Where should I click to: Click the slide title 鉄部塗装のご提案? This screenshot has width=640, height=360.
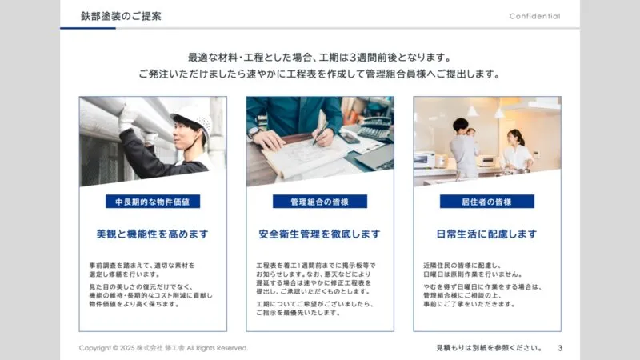[x=121, y=16]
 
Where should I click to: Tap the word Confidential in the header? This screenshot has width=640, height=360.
[x=534, y=16]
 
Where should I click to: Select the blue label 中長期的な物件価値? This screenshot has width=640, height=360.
[x=153, y=202]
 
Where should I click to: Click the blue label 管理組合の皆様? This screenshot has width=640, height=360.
[x=319, y=202]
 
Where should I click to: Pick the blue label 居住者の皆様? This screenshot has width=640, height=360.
[x=487, y=202]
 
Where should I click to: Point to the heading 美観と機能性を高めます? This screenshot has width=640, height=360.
[x=152, y=234]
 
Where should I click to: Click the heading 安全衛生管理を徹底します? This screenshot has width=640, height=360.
[x=319, y=234]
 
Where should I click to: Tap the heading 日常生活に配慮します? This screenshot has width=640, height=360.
[x=486, y=234]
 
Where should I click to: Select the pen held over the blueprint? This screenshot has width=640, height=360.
[x=321, y=134]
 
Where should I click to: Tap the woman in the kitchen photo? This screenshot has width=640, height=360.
[x=515, y=151]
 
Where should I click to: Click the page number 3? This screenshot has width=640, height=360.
[x=560, y=348]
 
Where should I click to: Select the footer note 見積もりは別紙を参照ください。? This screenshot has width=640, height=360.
[x=489, y=348]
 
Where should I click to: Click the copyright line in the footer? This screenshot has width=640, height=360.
[x=164, y=348]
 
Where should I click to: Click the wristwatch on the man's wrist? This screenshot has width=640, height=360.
[x=254, y=132]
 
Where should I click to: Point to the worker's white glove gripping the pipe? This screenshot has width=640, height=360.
[x=127, y=118]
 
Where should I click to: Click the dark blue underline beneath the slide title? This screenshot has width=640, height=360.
[x=88, y=28]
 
